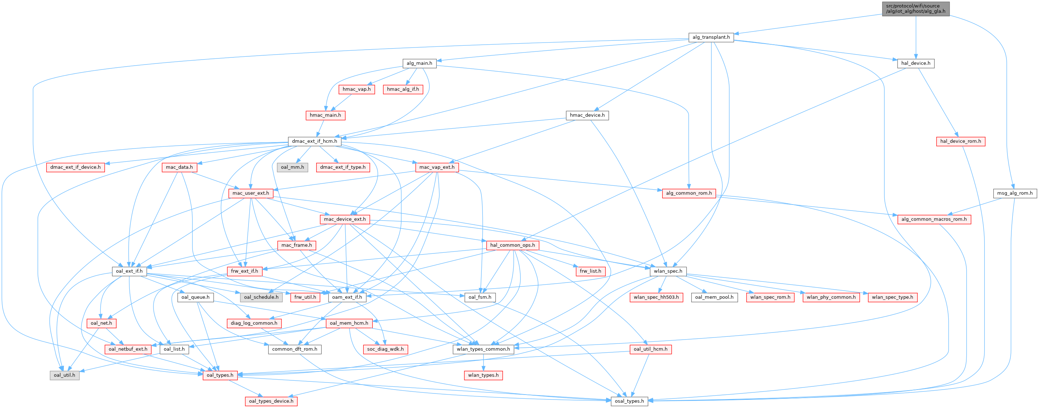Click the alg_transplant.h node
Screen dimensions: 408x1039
tap(711, 37)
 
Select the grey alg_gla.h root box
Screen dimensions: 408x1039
tap(915, 9)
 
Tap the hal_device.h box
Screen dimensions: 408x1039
tap(916, 63)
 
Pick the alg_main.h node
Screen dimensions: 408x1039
tap(419, 63)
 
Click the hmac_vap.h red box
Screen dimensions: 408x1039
tap(357, 89)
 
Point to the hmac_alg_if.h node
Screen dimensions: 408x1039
tap(403, 89)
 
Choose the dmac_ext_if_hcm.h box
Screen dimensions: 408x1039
tap(314, 141)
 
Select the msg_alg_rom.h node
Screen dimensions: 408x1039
tap(1015, 193)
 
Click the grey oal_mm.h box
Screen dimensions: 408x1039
tap(292, 167)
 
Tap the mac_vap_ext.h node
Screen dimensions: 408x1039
tap(437, 167)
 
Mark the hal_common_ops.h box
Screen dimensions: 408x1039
tap(512, 245)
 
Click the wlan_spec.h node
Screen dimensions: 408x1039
tap(668, 271)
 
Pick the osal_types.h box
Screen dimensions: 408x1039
tap(629, 401)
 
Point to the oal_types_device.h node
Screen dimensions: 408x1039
tap(271, 401)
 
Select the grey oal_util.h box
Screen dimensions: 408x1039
tap(65, 375)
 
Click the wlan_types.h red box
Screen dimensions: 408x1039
tap(483, 375)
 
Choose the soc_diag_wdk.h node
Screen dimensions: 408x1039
tap(385, 349)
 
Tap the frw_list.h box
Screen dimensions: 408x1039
tap(590, 271)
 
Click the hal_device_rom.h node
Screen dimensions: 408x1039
tap(960, 141)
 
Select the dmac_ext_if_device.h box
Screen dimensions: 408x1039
tap(76, 167)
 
